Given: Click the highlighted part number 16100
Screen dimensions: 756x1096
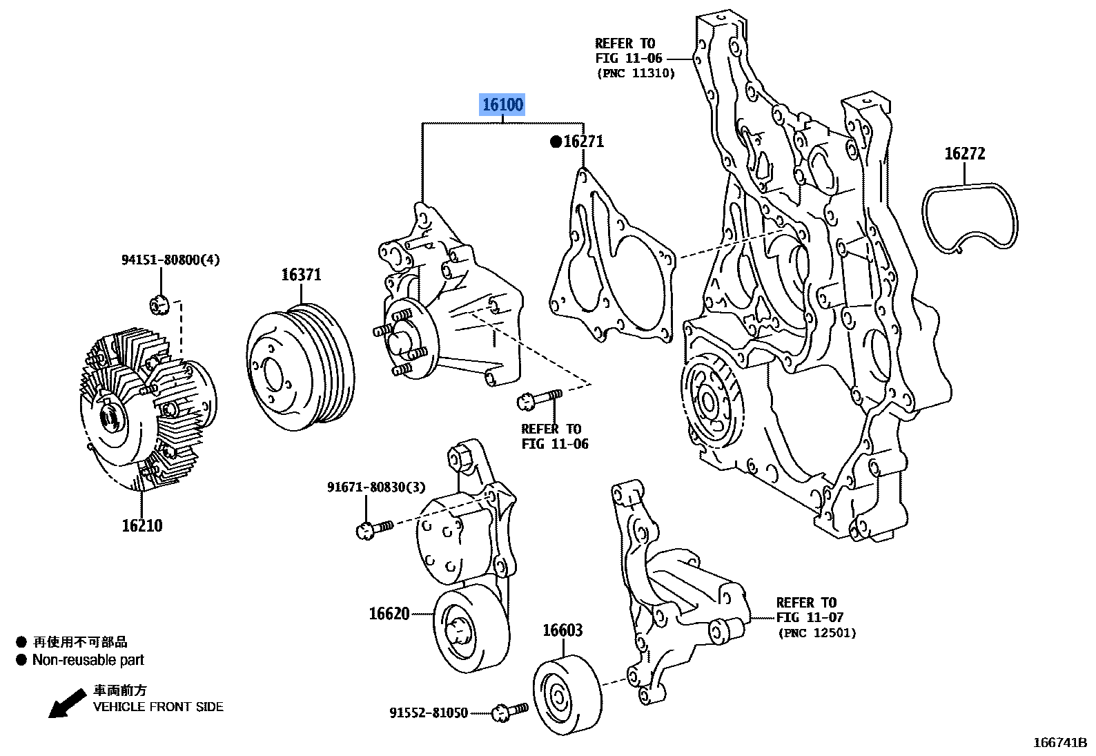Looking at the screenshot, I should tap(502, 105).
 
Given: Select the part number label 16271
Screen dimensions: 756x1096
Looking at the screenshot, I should tap(583, 142).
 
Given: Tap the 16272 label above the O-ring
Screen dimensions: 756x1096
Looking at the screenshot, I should tap(964, 154).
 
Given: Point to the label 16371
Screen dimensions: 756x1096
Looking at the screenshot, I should tap(301, 275).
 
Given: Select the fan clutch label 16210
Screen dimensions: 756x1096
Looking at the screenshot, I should tap(142, 526).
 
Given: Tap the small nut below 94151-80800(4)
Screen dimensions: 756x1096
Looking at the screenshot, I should tap(159, 303).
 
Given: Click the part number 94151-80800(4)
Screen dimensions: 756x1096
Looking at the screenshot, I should tap(170, 260).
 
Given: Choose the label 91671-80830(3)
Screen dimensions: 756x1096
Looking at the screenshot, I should tap(376, 487).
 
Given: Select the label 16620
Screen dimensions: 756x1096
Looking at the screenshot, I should tap(389, 614).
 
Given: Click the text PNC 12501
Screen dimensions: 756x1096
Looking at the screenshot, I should tap(816, 632).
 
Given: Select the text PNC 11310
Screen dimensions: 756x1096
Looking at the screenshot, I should tap(636, 73).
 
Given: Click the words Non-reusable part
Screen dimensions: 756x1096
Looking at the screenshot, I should tap(88, 660).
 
